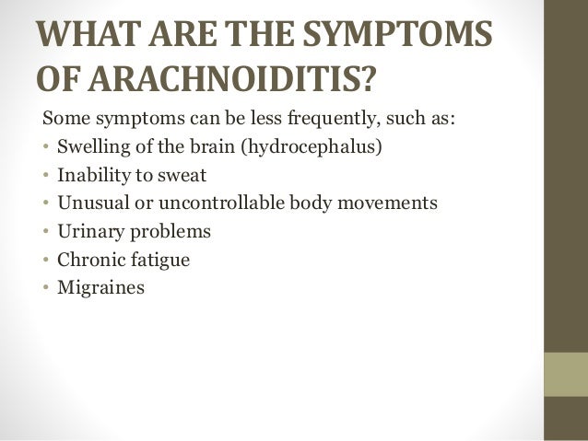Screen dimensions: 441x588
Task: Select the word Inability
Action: (x=90, y=175)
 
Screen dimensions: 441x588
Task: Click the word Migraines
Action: (x=100, y=287)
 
